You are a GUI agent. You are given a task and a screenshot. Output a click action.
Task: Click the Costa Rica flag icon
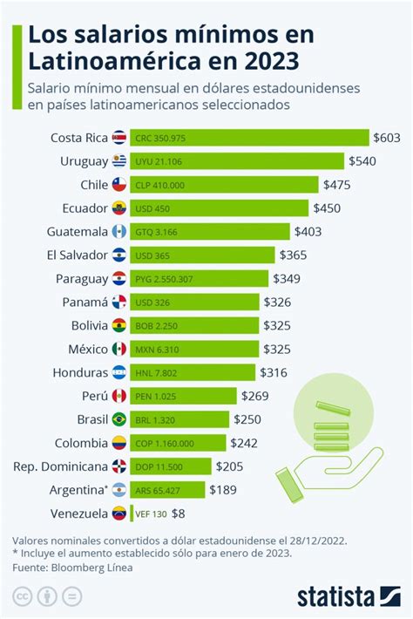coord(119,138)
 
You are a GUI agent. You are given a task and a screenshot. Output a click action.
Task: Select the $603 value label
coord(386,138)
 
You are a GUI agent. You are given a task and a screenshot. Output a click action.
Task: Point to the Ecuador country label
coord(85,207)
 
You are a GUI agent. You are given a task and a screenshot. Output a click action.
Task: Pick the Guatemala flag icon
coord(119,231)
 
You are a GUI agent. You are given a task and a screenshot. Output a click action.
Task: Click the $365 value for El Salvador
coord(294,255)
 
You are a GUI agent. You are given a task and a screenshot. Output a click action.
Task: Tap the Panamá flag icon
coord(119,302)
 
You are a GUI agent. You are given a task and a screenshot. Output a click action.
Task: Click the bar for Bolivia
coord(196,325)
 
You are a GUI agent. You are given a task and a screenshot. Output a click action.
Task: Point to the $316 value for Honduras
coord(273,372)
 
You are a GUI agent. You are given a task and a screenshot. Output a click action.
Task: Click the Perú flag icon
coord(119,396)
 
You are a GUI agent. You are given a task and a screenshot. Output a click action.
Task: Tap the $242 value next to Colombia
coord(244,443)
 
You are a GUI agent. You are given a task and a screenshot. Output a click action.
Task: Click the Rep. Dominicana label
coord(60,466)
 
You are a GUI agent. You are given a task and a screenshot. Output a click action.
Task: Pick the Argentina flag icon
coord(119,490)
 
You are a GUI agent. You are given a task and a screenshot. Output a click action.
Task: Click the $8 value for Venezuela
coord(179,513)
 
